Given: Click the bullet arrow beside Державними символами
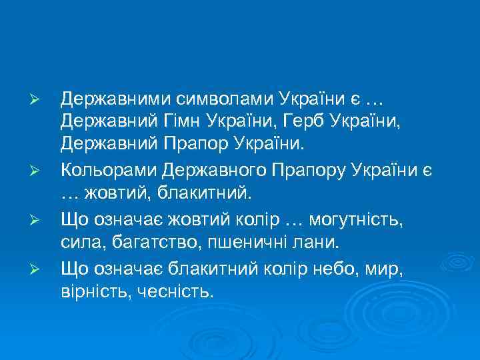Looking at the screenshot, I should (39, 101).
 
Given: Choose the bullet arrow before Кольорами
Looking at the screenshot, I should (39, 171).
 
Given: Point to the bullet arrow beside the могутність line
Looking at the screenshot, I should (39, 218).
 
